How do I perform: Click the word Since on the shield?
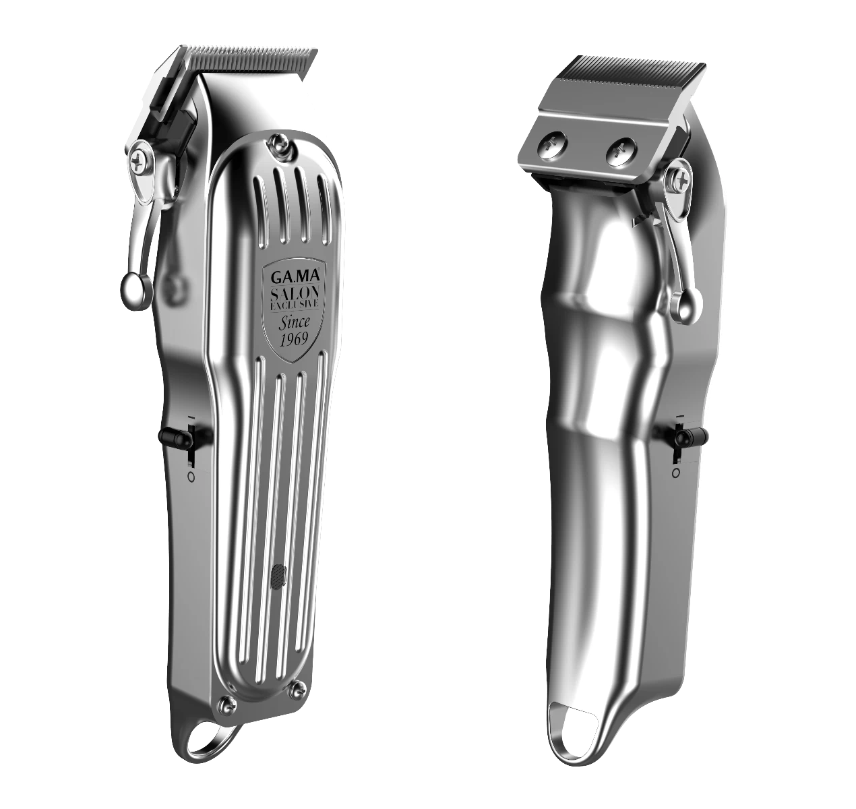(294, 322)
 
